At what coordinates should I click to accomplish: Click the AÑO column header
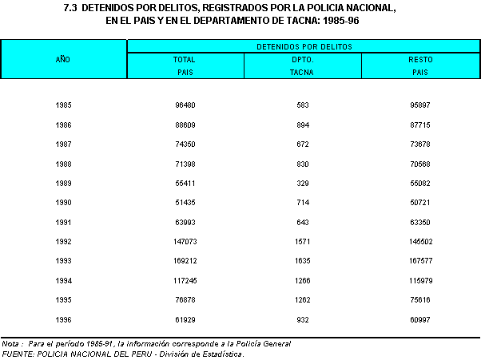pos(64,60)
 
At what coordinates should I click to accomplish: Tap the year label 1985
pos(64,105)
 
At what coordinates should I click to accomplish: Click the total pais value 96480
pos(185,105)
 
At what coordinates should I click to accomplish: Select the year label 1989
pos(64,183)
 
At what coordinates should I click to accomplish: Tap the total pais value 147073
pos(185,241)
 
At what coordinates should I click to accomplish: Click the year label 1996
pos(64,318)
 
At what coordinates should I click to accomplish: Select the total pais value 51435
pos(185,202)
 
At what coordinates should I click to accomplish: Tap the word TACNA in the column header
pos(301,72)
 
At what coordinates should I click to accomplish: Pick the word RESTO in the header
pos(420,60)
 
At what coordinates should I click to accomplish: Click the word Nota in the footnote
pos(11,343)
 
